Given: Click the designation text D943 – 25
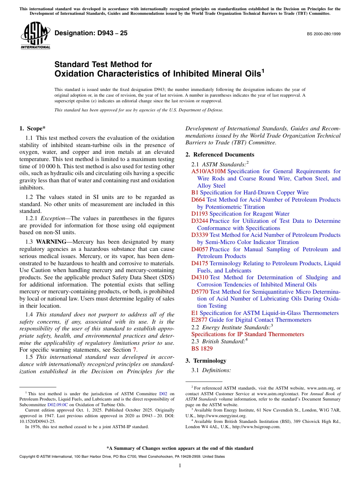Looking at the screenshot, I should click(91, 33).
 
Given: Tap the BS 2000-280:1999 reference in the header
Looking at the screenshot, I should click(323, 34).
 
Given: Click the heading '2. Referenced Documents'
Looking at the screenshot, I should click(220, 155).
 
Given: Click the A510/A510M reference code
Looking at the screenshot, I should click(208, 172).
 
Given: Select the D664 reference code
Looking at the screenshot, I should click(198, 200).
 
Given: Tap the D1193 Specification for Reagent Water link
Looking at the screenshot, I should click(240, 214).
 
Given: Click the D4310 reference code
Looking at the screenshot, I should click(200, 277).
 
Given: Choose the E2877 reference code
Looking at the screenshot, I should click(199, 320).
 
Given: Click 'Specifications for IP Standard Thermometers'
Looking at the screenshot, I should click(247, 334).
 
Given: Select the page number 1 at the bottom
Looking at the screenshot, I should click(180, 466).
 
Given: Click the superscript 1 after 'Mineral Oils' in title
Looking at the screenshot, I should click(263, 70).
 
